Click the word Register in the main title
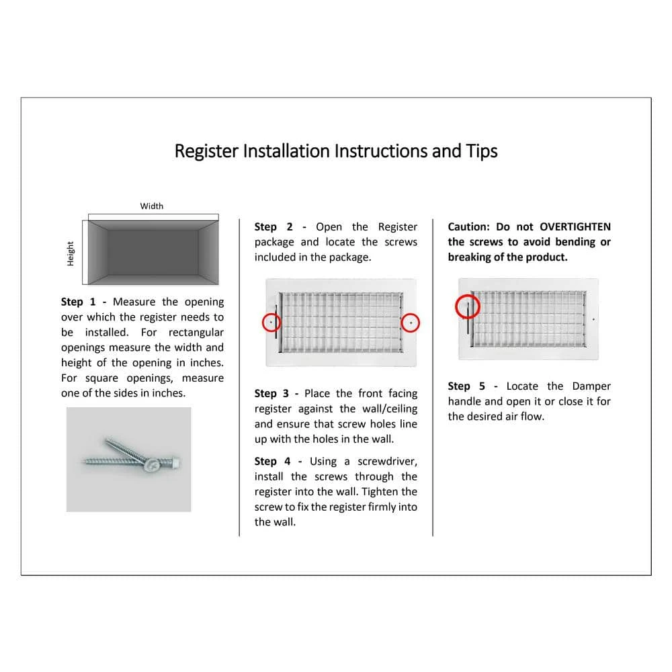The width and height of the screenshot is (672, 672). click(x=206, y=151)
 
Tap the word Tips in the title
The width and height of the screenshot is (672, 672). click(x=482, y=151)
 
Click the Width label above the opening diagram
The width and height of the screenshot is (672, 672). click(x=152, y=206)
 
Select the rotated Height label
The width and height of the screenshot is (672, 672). click(x=71, y=253)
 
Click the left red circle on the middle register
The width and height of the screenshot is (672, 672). click(x=271, y=323)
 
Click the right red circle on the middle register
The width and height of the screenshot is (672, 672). click(x=411, y=323)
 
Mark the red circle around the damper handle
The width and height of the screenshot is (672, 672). click(x=468, y=308)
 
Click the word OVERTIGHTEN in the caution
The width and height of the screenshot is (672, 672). click(x=575, y=227)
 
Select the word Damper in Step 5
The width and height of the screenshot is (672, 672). click(x=591, y=386)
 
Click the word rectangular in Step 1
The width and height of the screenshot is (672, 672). click(x=196, y=333)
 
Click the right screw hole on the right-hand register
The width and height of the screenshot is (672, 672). click(x=593, y=320)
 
